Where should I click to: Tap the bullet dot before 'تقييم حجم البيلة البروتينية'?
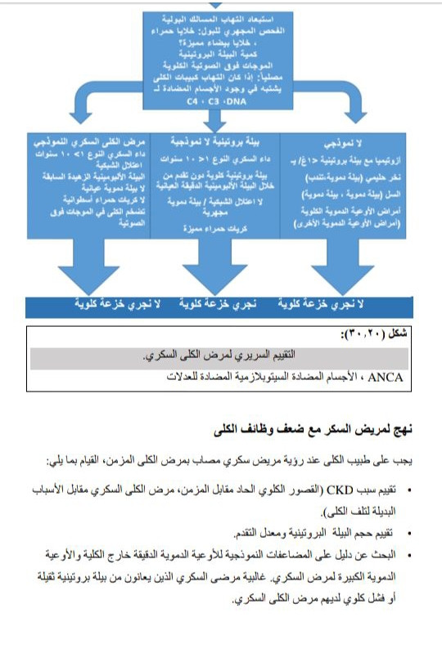click(408, 531)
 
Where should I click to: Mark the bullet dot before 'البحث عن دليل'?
click(408, 555)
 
